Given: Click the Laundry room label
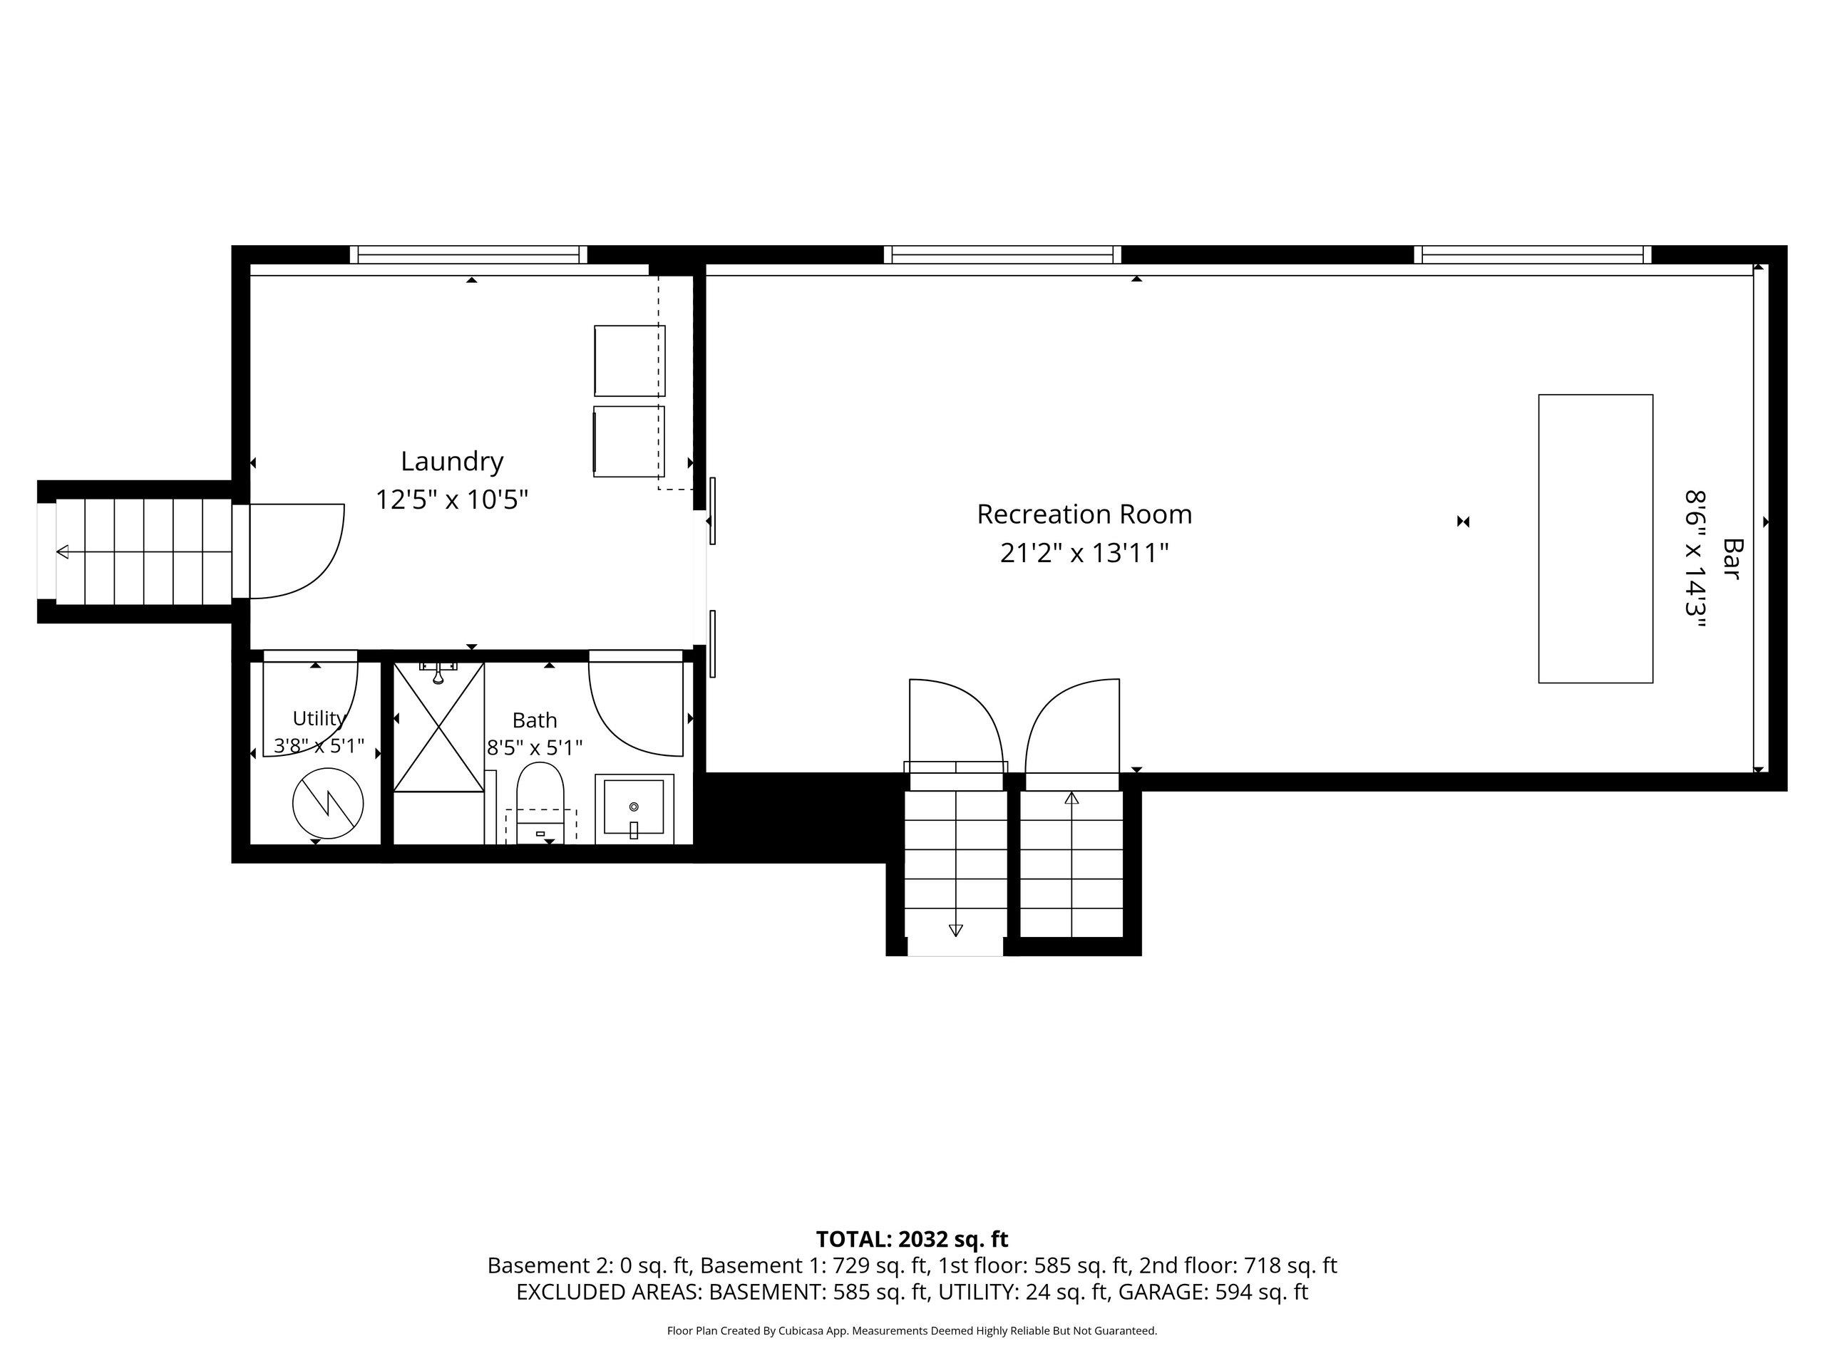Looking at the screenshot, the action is click(452, 462).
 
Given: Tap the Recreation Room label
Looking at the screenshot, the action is click(1084, 514).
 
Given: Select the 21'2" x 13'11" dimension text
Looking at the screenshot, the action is click(1084, 552).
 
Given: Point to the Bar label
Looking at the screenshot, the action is click(1732, 559).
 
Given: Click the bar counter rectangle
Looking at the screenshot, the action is click(1595, 539).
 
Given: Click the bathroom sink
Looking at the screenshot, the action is click(634, 809).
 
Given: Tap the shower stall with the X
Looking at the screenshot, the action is click(438, 727).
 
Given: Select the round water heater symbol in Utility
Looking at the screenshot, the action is click(329, 803).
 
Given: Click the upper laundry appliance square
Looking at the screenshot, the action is click(629, 361).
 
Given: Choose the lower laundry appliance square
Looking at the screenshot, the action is click(629, 441).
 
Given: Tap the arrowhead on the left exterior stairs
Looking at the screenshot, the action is click(63, 551).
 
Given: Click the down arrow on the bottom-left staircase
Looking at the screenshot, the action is click(955, 930).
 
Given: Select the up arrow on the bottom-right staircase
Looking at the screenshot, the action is click(1071, 797).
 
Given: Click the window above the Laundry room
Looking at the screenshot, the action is click(468, 255).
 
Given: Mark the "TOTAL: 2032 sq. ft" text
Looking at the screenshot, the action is click(912, 1238).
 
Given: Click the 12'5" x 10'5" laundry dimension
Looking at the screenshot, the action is click(452, 499).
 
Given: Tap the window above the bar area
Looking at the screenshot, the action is click(1533, 255).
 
